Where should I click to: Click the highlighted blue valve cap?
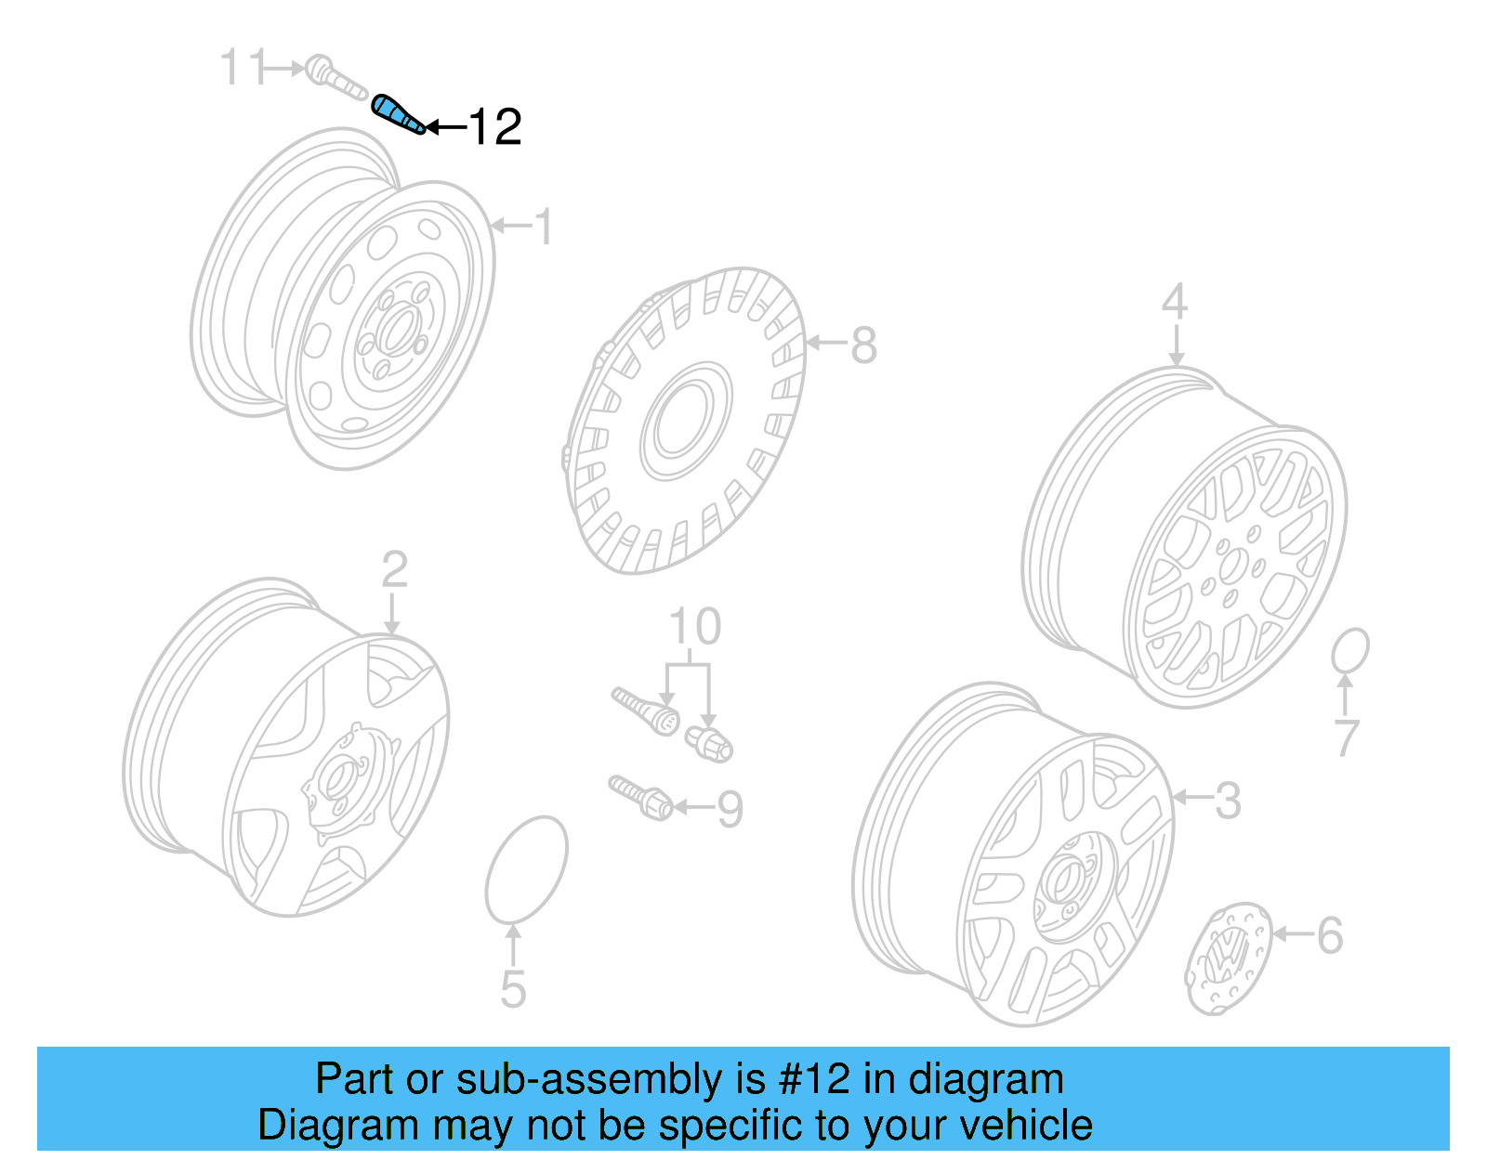click(398, 114)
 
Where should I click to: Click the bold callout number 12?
click(494, 126)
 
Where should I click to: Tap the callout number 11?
click(243, 68)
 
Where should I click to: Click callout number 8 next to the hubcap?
click(863, 345)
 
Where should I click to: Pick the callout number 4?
click(1175, 302)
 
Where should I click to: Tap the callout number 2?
click(394, 569)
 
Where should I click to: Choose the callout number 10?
click(695, 627)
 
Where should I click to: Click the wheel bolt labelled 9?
click(641, 797)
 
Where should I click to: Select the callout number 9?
click(730, 809)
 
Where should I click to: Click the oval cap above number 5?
click(526, 870)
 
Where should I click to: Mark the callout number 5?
click(513, 989)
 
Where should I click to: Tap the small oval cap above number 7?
click(1349, 651)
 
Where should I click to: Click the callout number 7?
click(1347, 737)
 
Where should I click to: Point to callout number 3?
click(1228, 800)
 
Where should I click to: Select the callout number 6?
click(1330, 935)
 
